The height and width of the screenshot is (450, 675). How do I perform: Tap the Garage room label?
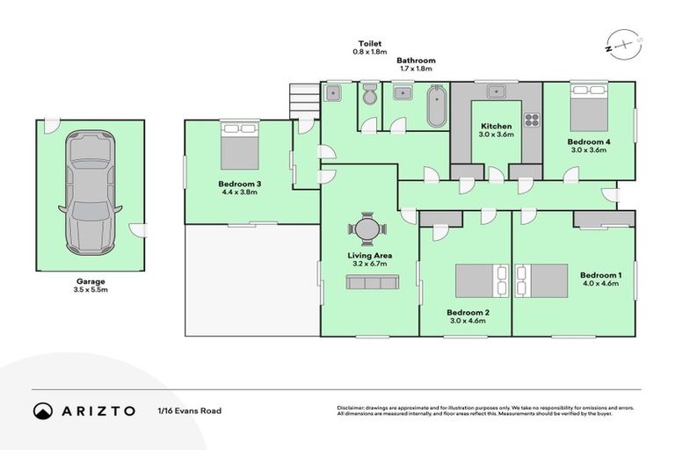90,281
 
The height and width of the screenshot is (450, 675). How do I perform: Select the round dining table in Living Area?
367,230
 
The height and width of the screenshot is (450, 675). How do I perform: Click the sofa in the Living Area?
370,281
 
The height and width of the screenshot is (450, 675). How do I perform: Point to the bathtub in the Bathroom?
436,106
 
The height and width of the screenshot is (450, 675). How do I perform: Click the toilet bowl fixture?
370,94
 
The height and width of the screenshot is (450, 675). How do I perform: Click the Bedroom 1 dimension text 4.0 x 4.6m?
601,284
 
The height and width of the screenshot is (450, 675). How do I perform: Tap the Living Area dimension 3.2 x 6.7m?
369,264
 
